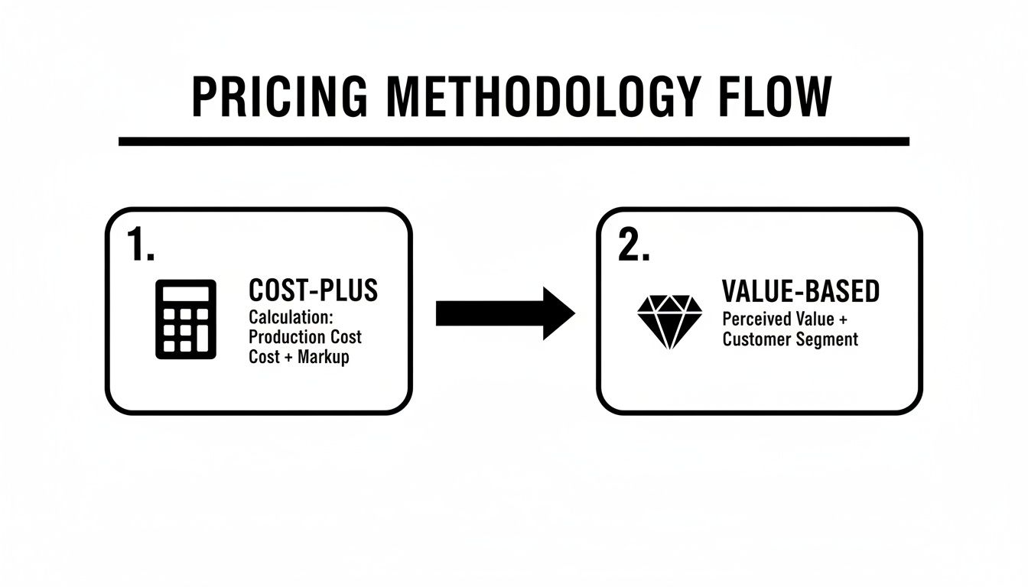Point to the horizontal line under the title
click(514, 141)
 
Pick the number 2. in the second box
click(633, 245)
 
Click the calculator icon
click(186, 319)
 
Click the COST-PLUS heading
click(314, 290)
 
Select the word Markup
click(324, 357)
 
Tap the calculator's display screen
click(186, 294)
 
